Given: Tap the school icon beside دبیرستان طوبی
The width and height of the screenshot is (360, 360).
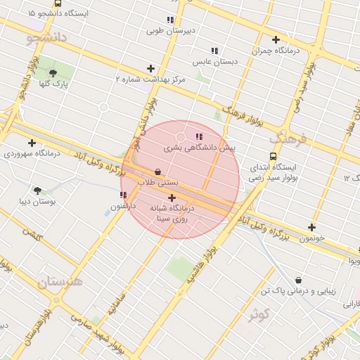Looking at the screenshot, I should click(170, 20).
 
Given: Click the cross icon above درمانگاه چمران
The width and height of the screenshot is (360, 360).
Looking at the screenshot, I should click(276, 40).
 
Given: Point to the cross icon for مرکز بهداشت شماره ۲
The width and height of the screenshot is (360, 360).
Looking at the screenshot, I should click(150, 68).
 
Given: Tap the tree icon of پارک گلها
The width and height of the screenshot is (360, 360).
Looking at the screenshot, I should click(53, 72).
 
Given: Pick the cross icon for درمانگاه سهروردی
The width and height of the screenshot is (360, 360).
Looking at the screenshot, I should click(32, 143).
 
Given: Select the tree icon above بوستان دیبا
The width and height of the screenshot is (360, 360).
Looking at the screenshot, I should click(37, 190).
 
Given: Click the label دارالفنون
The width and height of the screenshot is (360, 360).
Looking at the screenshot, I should click(118, 207).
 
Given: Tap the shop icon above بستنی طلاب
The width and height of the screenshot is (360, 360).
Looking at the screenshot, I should click(157, 172).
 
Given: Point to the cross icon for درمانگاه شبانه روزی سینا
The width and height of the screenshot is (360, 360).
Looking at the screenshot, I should click(172, 198).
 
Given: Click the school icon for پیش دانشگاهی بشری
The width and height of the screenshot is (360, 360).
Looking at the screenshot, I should click(199, 136).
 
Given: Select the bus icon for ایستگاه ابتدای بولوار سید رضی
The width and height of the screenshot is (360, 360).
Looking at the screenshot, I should click(273, 157).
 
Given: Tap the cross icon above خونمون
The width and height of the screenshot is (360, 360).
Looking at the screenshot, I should click(311, 227).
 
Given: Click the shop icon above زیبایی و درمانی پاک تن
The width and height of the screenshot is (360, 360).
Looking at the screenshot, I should click(298, 280).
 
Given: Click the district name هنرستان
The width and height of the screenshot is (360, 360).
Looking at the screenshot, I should click(60, 282).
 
